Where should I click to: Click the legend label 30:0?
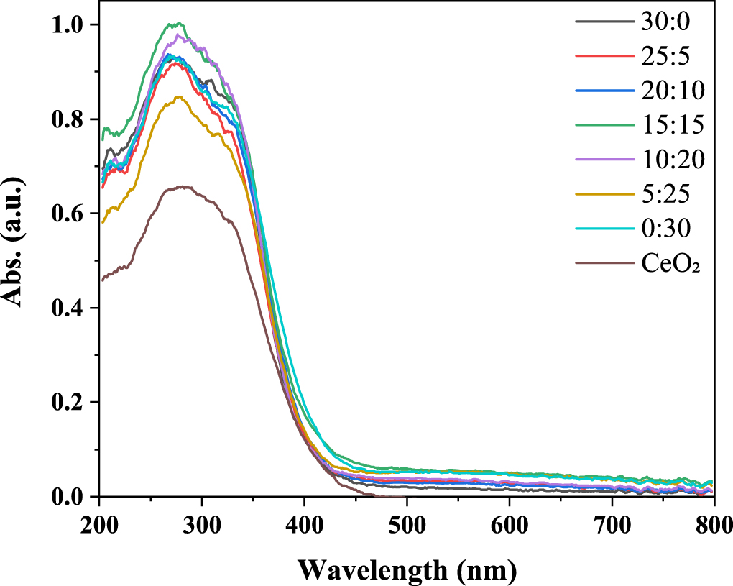pyautogui.click(x=665, y=21)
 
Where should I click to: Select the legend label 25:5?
pyautogui.click(x=665, y=55)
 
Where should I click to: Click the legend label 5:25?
pyautogui.click(x=665, y=194)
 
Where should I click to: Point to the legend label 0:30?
pyautogui.click(x=665, y=229)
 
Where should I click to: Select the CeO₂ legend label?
pyautogui.click(x=671, y=264)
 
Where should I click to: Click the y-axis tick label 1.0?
pyautogui.click(x=68, y=25)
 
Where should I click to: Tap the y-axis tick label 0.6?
pyautogui.click(x=68, y=214)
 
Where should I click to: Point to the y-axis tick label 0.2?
pyautogui.click(x=68, y=403)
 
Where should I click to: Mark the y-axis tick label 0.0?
pyautogui.click(x=68, y=497)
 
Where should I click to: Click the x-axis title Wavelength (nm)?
pyautogui.click(x=407, y=569)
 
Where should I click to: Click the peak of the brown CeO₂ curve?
pyautogui.click(x=185, y=187)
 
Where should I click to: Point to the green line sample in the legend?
pyautogui.click(x=603, y=124)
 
